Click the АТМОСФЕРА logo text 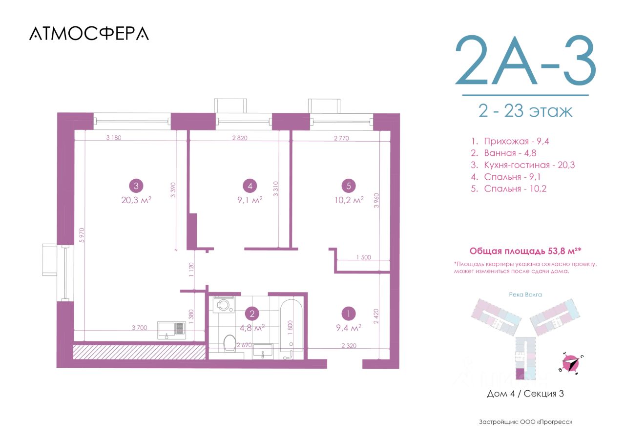(89, 34)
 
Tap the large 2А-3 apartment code (525, 60)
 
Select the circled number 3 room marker (136, 186)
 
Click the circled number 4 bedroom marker (250, 186)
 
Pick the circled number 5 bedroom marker (349, 186)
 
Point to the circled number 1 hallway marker (348, 314)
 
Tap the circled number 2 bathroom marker (252, 314)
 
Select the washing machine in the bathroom (224, 305)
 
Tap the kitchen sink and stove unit (171, 330)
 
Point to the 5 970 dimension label (82, 235)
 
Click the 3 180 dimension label (114, 138)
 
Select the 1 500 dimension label (364, 257)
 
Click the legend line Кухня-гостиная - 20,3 (522, 165)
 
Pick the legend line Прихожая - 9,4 (510, 141)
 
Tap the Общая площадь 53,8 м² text (525, 251)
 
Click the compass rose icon (571, 363)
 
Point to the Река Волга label (525, 295)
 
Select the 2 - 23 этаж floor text (525, 111)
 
